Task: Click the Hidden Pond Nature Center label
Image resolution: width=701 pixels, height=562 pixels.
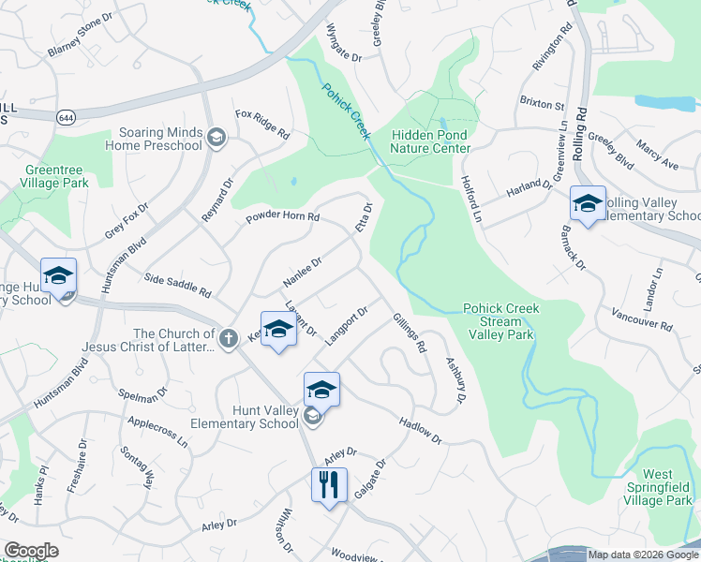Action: pos(431,141)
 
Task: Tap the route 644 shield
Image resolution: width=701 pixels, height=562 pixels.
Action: pos(67,117)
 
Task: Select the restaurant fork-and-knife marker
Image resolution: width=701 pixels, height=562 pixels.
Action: pos(329,486)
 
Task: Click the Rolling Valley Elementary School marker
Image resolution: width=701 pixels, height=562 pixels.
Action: pos(588,204)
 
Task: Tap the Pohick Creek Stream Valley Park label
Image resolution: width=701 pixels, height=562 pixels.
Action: pos(499,321)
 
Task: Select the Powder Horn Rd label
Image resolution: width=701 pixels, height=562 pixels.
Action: pos(283,217)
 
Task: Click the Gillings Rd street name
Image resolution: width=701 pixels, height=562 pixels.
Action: pos(410,333)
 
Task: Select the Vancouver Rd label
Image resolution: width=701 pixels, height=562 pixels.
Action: pos(641,319)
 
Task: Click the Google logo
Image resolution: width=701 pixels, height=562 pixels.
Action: pos(31,551)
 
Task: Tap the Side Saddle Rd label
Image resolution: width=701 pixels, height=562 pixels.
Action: pos(178,287)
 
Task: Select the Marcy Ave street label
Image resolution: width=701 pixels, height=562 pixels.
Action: pos(657,155)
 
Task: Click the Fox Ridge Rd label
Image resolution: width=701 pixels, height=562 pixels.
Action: pos(262,125)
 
